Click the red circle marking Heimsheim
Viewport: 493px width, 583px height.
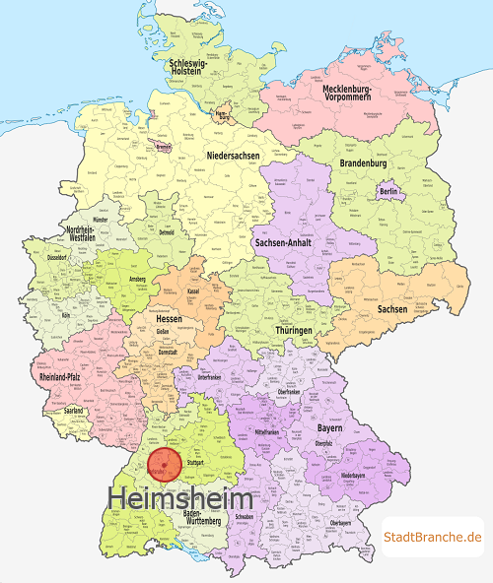click(163, 464)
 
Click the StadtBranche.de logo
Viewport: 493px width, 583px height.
click(433, 536)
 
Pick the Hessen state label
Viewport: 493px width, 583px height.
click(170, 319)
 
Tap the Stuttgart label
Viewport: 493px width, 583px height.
click(195, 461)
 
